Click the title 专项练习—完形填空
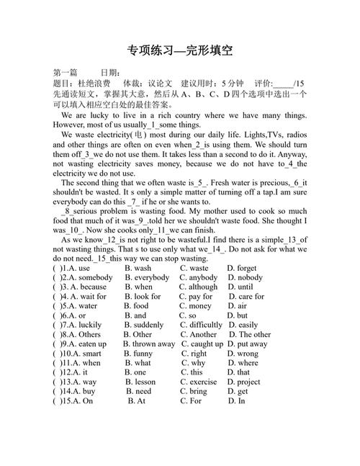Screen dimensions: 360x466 coord(179,50)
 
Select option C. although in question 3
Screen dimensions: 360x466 coord(198,287)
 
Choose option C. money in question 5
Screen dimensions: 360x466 coord(196,306)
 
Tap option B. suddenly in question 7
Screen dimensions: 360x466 coord(149,325)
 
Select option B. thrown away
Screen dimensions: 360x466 coord(149,344)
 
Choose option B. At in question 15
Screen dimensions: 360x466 coord(137,400)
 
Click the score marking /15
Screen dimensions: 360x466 coord(300,83)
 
